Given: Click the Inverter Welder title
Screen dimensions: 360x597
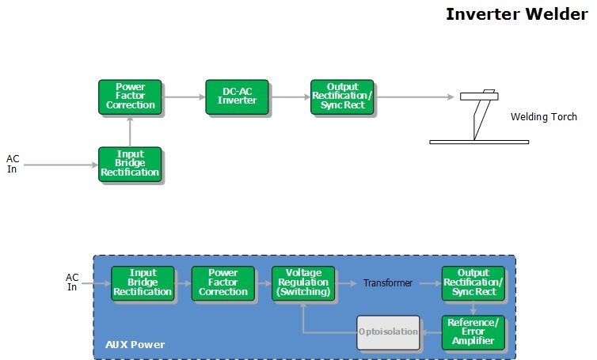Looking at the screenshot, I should click(x=516, y=14).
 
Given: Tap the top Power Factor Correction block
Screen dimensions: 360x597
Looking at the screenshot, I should click(x=130, y=96).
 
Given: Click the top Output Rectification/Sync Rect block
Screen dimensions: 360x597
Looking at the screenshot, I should click(x=340, y=97).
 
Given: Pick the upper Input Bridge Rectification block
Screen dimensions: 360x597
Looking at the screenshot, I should click(x=130, y=163).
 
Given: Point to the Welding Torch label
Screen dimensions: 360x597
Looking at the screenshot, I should click(x=543, y=117).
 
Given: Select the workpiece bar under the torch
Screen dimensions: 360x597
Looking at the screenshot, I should click(x=478, y=142).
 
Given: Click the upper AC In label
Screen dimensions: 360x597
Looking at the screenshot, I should click(x=13, y=164).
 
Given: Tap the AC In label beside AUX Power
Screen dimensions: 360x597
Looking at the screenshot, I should click(x=72, y=282).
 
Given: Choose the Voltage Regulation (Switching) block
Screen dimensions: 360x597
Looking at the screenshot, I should click(x=303, y=282).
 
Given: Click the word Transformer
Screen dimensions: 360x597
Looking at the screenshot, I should click(x=388, y=282).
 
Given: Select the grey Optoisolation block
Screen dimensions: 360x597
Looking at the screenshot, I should click(x=387, y=332).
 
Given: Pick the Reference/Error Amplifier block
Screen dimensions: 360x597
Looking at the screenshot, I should click(x=473, y=331).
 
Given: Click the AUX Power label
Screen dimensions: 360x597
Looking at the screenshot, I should click(x=135, y=346).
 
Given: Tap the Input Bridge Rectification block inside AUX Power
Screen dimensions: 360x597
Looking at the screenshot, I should click(x=143, y=282).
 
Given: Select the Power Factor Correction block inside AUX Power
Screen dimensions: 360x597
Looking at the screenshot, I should click(x=223, y=282).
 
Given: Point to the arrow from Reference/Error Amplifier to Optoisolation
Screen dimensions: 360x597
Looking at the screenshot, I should click(x=431, y=332).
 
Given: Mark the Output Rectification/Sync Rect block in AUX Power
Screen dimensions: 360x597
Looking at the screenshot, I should click(x=473, y=282).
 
